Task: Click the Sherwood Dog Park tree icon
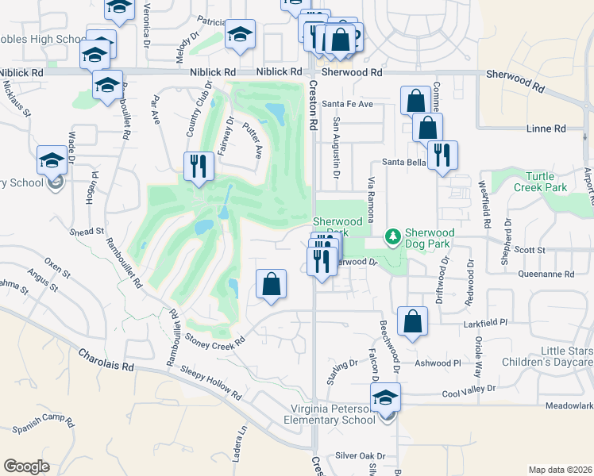[391, 236]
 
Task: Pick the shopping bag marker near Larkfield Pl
[412, 321]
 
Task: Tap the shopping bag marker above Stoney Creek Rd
[271, 284]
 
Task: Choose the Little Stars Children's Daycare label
[549, 356]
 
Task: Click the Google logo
[26, 466]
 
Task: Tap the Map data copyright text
[560, 470]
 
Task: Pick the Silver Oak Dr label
[360, 456]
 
